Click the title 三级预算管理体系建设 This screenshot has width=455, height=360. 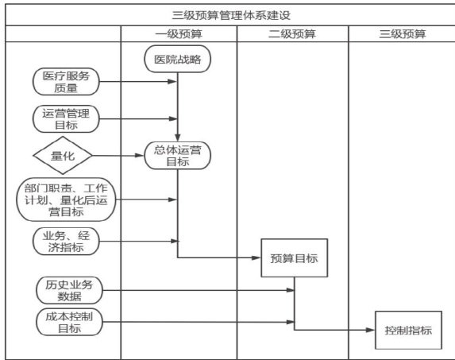tap(231, 15)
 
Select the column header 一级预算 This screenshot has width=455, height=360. tap(179, 34)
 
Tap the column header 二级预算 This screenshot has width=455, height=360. tap(292, 34)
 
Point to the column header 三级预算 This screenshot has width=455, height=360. tap(403, 34)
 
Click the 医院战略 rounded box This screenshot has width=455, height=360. tap(178, 59)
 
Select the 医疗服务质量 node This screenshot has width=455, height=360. tap(66, 82)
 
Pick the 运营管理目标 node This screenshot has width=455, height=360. tap(66, 119)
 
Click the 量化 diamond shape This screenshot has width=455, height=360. tap(63, 155)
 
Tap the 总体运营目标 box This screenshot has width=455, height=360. tap(178, 156)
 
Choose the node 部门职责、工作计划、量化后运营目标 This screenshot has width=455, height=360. tap(66, 199)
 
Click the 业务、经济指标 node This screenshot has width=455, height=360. tap(66, 242)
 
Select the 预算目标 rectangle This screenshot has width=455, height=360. tap(295, 257)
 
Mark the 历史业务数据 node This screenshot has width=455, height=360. tap(69, 290)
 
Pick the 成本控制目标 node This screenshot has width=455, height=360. tap(69, 322)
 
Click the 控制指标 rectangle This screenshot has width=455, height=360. tap(408, 330)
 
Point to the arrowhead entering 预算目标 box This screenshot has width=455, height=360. tap(256, 257)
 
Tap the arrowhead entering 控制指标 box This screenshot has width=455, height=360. tap(371, 330)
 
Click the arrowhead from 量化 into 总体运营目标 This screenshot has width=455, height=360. tap(140, 156)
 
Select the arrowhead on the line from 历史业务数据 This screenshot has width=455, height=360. tap(290, 290)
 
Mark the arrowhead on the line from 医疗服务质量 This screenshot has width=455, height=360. tap(172, 82)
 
